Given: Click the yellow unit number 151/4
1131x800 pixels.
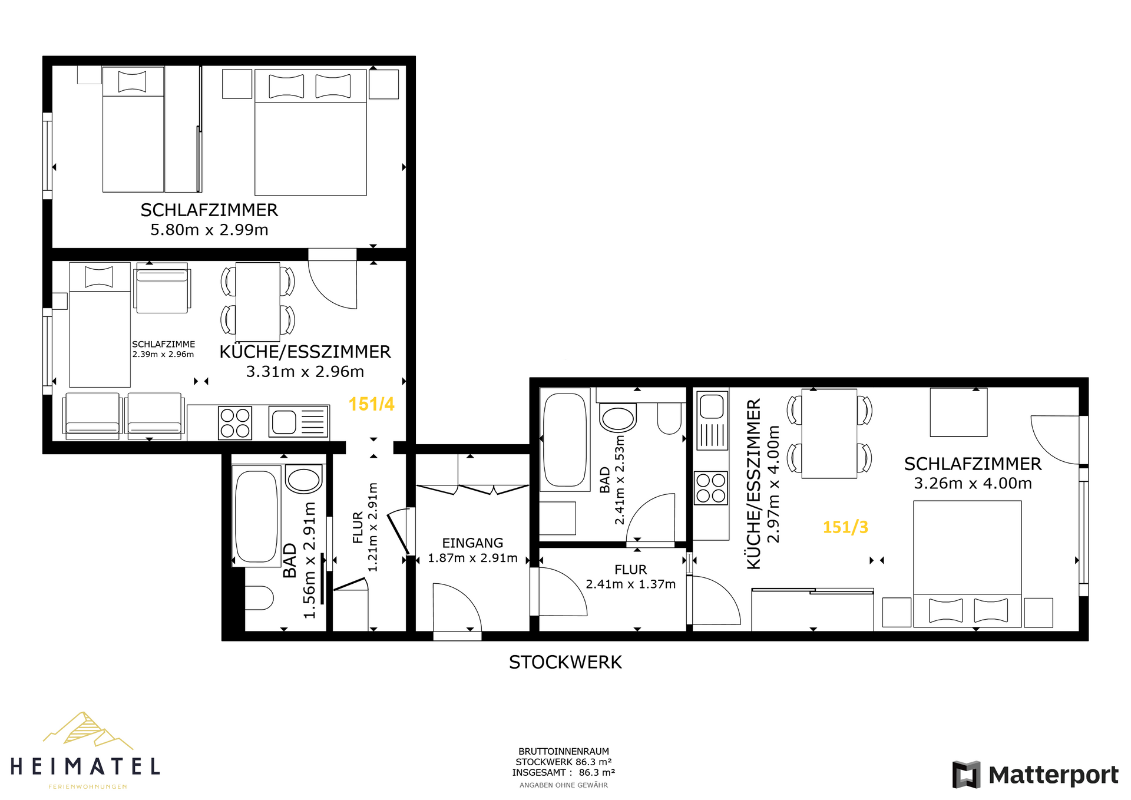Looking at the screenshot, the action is click(x=371, y=404).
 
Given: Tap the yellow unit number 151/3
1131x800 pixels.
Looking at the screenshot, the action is click(x=845, y=527).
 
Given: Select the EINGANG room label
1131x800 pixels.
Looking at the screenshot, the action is click(x=472, y=543).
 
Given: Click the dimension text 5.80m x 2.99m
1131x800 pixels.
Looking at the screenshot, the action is click(x=209, y=230).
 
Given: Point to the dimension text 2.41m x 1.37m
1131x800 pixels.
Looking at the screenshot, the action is click(x=630, y=584).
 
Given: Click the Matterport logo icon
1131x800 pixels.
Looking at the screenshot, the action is click(x=967, y=775).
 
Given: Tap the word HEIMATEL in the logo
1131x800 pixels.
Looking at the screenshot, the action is click(x=85, y=766).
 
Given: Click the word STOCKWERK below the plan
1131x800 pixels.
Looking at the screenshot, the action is click(x=565, y=662).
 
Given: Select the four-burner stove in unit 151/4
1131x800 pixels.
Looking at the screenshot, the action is click(x=235, y=423).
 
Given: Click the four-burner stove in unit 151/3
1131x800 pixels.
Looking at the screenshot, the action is click(x=711, y=488).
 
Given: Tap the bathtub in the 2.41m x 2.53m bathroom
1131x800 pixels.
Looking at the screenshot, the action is click(x=565, y=439).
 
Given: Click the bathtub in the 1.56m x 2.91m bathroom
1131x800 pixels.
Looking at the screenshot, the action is click(x=256, y=516).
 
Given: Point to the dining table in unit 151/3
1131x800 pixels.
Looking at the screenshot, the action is click(x=829, y=433).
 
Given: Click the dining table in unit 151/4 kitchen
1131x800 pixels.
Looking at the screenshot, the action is click(x=257, y=302).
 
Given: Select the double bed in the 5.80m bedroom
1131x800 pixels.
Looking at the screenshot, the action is click(x=310, y=132).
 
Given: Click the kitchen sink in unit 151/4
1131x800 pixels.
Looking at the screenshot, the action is click(x=299, y=422).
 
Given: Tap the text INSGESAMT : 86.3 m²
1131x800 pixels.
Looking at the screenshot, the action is click(x=564, y=772).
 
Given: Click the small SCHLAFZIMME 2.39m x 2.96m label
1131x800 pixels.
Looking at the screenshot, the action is click(x=163, y=349).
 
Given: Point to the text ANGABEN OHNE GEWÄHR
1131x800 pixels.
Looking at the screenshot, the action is click(x=564, y=785).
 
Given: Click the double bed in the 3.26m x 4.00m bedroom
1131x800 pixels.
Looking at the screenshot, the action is click(x=967, y=564).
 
